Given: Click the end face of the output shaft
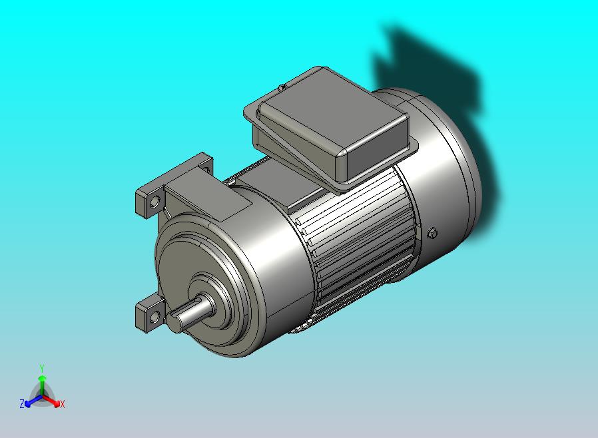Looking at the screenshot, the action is click(x=176, y=324).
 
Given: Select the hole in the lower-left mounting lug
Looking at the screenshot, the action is click(x=154, y=317).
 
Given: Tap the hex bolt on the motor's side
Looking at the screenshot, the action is click(x=432, y=232).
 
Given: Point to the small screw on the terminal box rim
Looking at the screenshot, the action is click(x=282, y=88).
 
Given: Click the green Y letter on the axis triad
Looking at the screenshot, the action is click(x=42, y=368).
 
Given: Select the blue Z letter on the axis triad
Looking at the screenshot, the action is click(x=22, y=403).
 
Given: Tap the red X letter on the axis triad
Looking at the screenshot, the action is click(x=63, y=404).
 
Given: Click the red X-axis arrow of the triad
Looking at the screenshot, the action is click(x=51, y=400).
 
